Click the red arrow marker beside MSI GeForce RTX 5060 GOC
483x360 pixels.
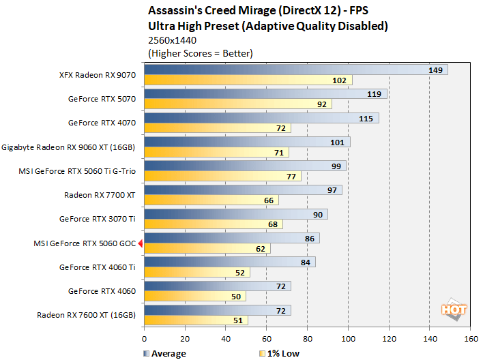(x=140, y=243)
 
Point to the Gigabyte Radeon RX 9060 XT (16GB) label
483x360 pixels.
(x=69, y=147)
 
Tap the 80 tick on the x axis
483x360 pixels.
(x=308, y=338)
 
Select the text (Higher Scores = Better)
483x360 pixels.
(x=200, y=53)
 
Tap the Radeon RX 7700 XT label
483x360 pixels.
(x=100, y=195)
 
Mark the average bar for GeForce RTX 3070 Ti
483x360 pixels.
(x=235, y=214)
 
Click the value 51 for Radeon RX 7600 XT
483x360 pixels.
(x=238, y=320)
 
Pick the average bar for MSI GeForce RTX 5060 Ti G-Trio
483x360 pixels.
(x=245, y=166)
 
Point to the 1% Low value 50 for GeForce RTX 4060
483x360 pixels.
(x=236, y=297)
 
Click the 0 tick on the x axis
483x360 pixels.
(x=144, y=338)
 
